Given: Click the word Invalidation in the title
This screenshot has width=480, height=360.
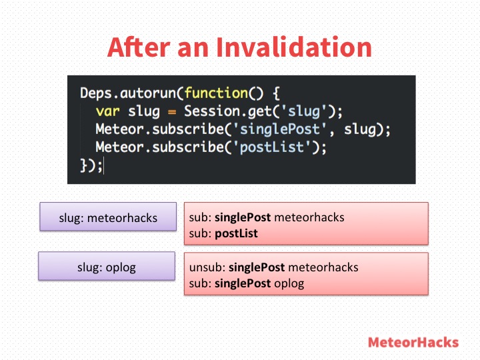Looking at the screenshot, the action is click(294, 47).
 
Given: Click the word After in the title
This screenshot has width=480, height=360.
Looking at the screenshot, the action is click(139, 47).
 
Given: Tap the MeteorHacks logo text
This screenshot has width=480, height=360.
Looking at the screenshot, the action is click(413, 342).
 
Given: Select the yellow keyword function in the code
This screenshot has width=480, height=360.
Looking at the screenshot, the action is click(216, 93).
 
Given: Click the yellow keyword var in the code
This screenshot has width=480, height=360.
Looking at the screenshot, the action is click(107, 111).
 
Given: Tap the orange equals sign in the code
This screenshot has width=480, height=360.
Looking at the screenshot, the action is click(172, 112).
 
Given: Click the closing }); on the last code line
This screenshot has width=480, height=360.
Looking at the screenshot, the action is click(91, 165).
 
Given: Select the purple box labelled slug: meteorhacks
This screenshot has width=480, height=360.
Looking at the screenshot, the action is click(108, 217).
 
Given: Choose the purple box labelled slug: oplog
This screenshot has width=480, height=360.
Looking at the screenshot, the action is click(107, 266).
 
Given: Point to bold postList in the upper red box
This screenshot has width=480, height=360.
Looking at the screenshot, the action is click(236, 233).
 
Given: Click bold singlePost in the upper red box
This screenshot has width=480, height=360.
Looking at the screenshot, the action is click(243, 217).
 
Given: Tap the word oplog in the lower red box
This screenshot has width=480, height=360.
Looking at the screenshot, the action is click(289, 283).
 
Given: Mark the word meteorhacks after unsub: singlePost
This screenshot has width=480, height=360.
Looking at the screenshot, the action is click(323, 267).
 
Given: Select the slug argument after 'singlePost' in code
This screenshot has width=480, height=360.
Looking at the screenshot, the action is click(360, 129).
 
